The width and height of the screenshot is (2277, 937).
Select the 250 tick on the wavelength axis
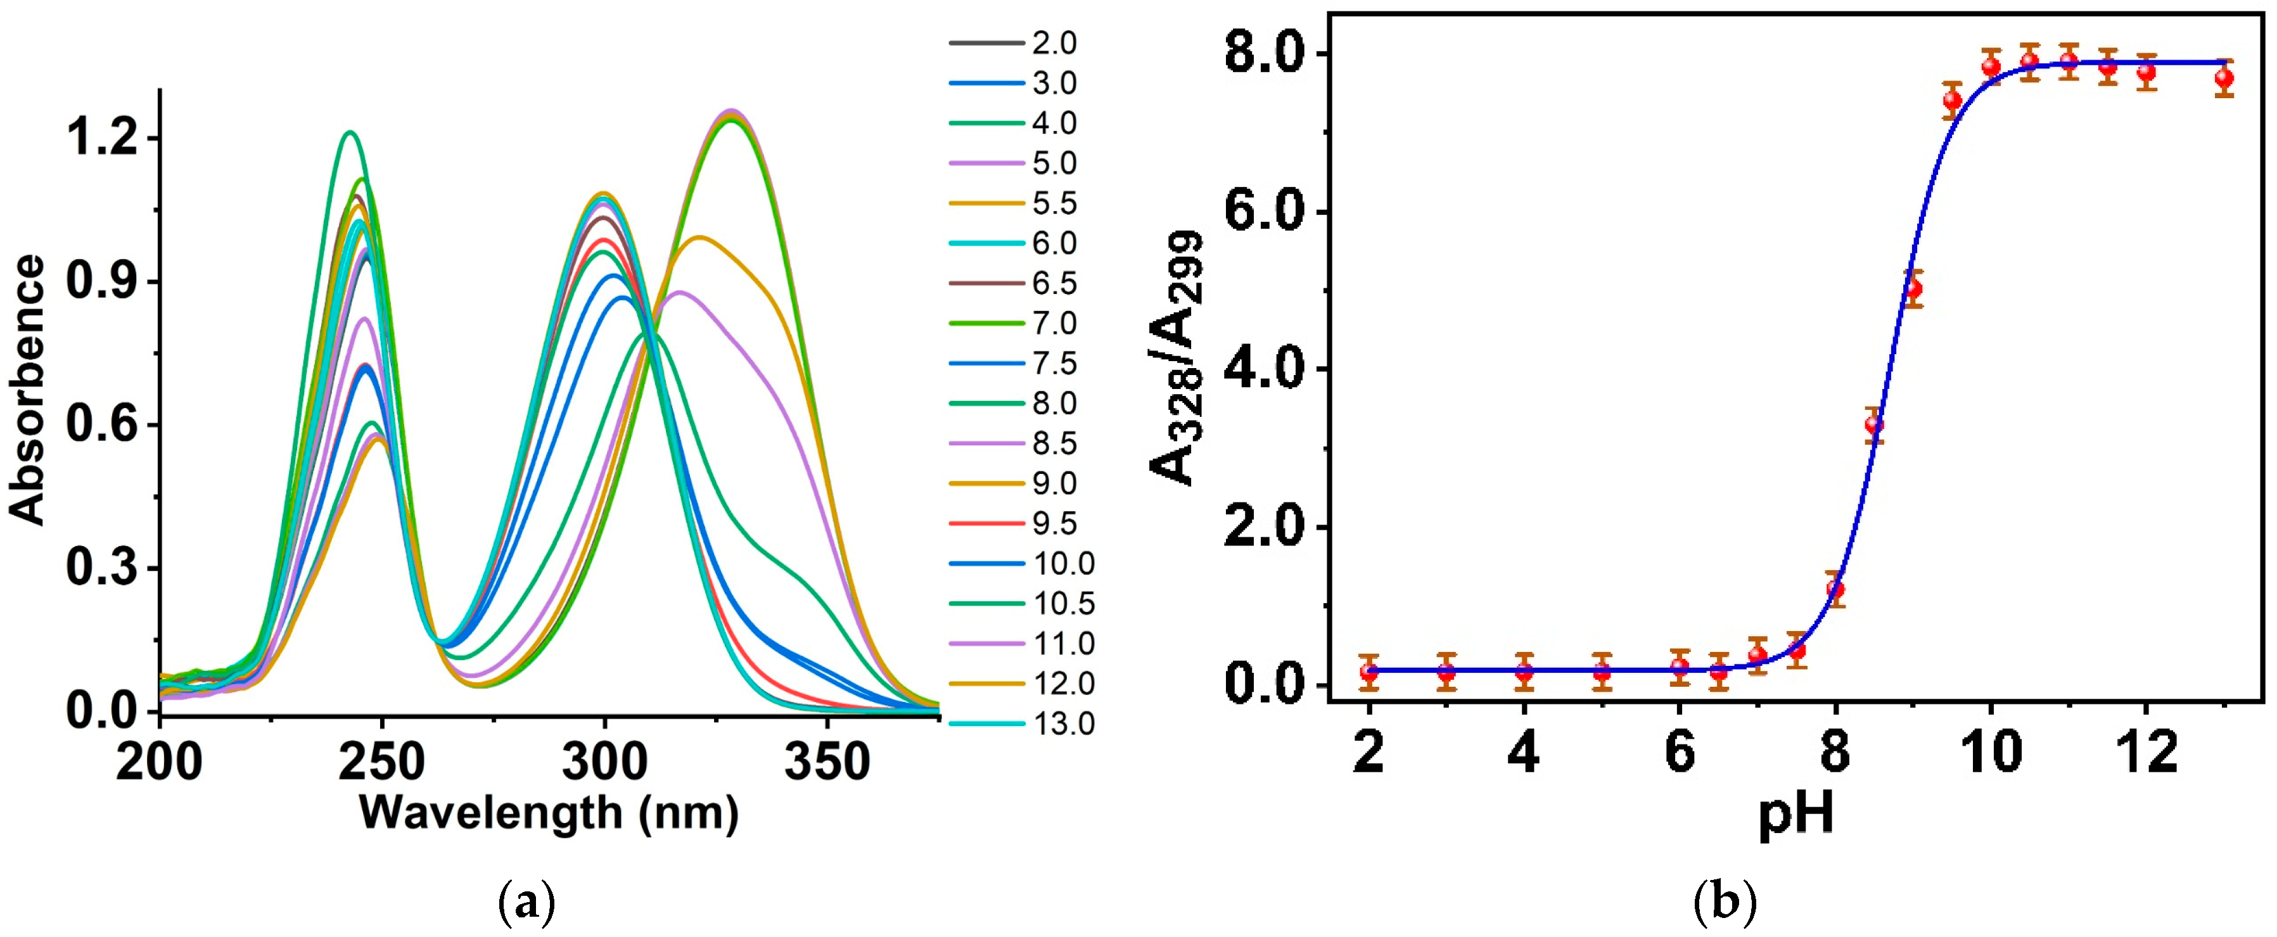[382, 762]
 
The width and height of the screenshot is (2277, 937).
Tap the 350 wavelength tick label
[826, 762]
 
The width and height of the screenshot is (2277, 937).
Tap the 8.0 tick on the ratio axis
[1266, 55]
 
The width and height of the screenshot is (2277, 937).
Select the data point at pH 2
[1369, 672]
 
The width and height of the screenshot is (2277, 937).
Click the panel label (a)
[527, 904]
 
